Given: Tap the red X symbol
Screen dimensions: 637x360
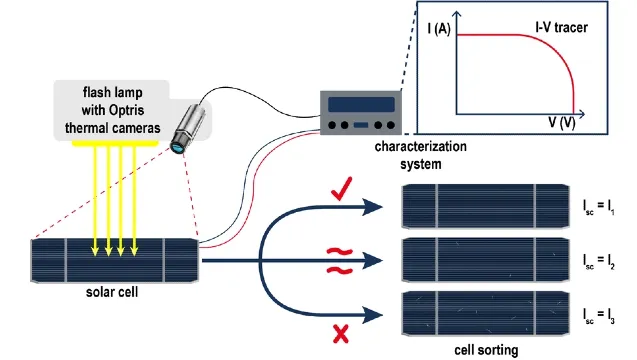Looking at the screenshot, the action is pos(340,334).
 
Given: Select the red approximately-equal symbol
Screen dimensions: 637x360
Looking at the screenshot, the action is pos(340,261).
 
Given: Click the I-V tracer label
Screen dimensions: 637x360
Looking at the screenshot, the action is pos(561,28).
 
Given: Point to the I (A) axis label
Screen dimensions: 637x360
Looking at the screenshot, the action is pos(439,29).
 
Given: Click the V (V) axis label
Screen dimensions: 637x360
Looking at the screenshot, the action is pos(561,122).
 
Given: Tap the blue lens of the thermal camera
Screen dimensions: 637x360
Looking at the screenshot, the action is pos(178,147).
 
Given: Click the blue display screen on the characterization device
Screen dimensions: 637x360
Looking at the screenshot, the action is pos(361,104).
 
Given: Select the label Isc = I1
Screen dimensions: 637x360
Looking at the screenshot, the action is pos(598,207).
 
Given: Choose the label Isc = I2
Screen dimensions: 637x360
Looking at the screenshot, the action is pos(598,261).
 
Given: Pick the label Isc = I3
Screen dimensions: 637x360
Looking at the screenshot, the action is pos(598,316).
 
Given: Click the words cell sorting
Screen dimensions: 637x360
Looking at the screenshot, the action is pos(486,350).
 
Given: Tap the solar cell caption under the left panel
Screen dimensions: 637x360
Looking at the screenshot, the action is pos(112,292).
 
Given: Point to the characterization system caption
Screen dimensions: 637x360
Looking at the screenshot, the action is pos(420,155).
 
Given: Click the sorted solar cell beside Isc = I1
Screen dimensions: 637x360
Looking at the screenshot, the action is pos(485,206).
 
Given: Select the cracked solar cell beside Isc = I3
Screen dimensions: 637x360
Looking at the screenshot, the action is pos(485,313).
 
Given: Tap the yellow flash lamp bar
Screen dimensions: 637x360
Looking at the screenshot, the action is pos(115,143).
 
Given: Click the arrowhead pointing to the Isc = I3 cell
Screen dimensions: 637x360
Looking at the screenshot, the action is pos(372,314).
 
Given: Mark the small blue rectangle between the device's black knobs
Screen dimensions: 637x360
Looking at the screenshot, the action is pos(361,125).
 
